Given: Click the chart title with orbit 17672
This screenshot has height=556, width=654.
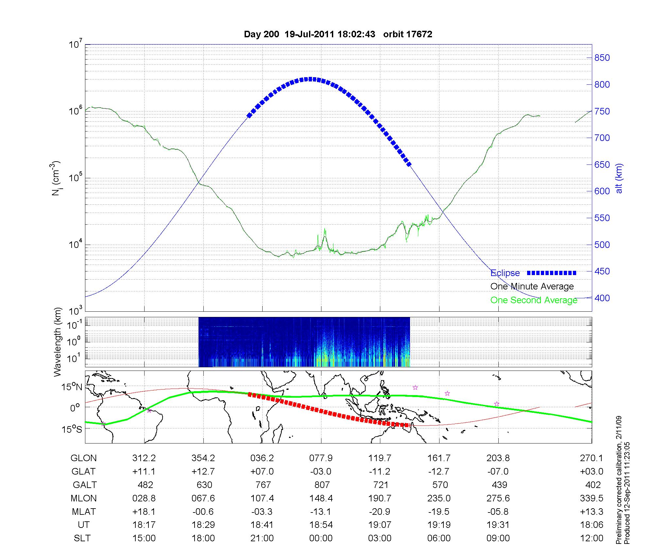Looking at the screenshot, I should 338,34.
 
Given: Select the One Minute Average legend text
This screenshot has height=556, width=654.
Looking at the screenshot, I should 532,287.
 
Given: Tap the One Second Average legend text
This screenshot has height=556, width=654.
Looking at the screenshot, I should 534,300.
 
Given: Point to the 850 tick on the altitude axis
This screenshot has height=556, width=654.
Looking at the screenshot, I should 602,58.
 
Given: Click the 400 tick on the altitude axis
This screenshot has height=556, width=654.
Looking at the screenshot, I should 602,298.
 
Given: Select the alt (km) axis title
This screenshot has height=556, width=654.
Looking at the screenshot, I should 619,178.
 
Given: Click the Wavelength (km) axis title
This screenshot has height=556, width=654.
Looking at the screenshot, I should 58,342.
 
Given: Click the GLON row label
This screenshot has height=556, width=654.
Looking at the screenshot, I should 84,458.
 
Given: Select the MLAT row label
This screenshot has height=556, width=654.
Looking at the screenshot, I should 84,512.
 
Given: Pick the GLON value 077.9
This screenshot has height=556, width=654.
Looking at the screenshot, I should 321,458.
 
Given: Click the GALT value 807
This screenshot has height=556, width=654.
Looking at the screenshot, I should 322,485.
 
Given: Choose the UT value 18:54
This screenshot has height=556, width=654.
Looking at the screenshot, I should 321,525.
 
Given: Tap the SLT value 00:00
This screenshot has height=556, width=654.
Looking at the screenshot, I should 321,538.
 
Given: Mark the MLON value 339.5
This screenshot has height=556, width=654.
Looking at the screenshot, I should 592,498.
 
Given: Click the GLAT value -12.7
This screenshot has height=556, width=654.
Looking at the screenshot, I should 439,471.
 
